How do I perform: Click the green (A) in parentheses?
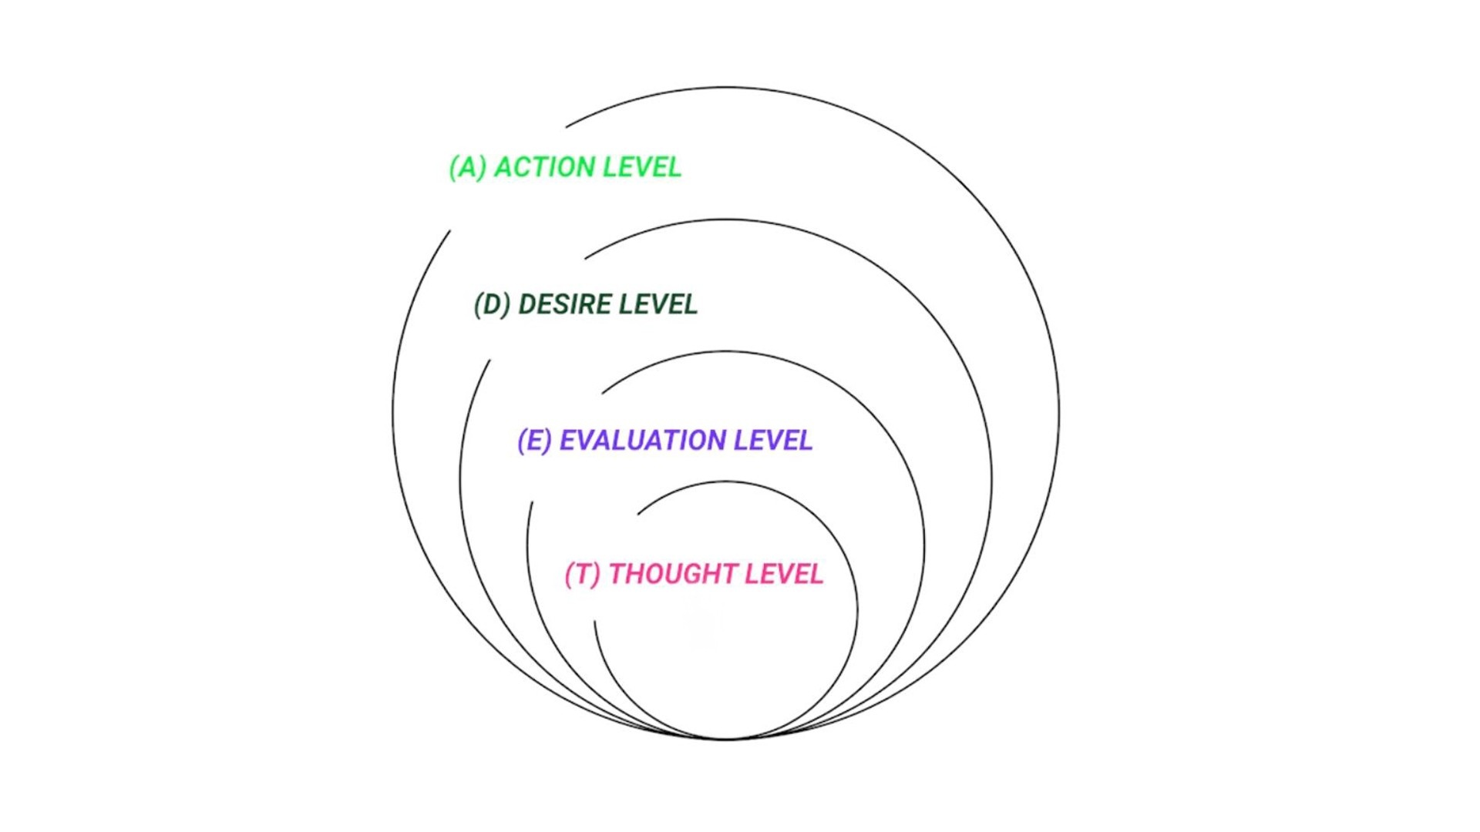468,167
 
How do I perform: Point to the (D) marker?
493,304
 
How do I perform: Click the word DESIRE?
564,304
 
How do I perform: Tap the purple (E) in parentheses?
535,441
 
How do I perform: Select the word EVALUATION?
643,441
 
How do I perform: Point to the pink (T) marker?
583,575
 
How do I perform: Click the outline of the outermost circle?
1059,413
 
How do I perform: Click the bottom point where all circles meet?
726,740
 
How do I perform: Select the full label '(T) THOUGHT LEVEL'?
695,575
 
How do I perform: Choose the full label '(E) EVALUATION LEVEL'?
665,441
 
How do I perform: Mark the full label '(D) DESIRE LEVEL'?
586,304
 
